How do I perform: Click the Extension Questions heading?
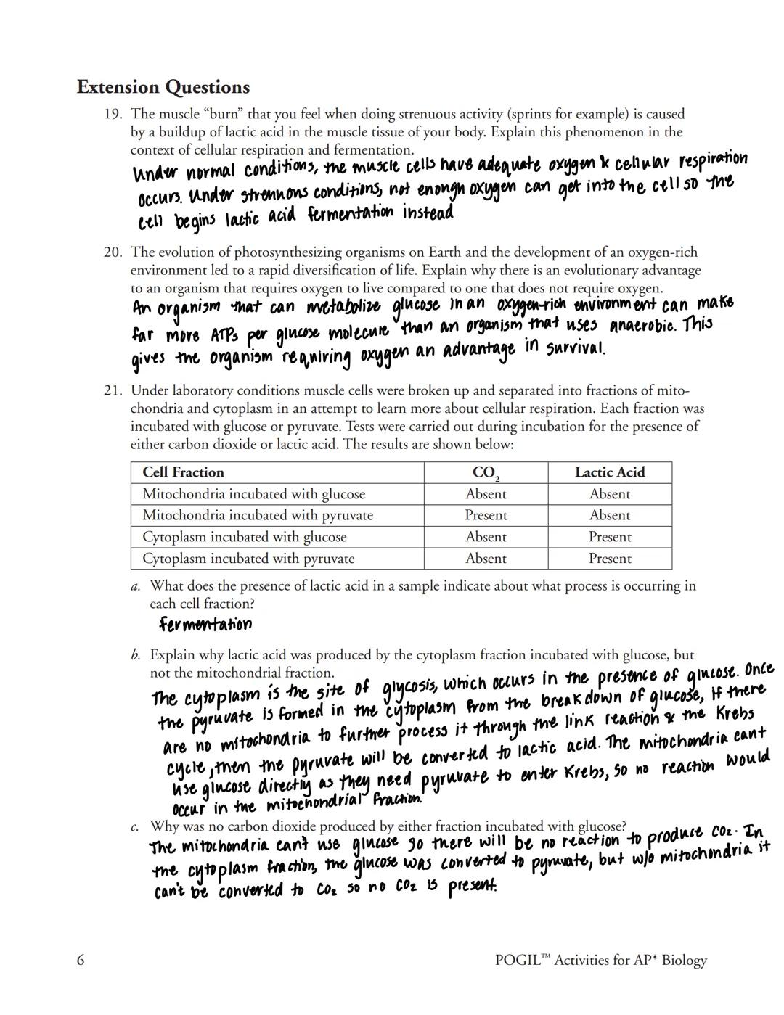[x=163, y=87]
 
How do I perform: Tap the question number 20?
[x=113, y=252]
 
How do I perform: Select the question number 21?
[x=113, y=390]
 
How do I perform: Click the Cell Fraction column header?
[x=183, y=472]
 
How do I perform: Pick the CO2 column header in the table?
[x=486, y=473]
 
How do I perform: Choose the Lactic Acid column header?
[x=610, y=472]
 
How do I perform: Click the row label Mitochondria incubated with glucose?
[x=253, y=494]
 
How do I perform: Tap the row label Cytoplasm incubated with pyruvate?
[x=248, y=559]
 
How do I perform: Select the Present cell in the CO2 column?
[x=486, y=515]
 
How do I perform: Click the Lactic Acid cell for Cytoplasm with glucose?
[x=610, y=537]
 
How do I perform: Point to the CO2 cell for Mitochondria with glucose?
[x=486, y=494]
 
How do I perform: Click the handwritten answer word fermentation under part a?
[x=205, y=624]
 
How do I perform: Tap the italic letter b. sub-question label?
[x=136, y=654]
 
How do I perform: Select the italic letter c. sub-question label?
[x=136, y=826]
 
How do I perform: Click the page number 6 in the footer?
[x=81, y=961]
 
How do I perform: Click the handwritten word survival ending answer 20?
[x=574, y=348]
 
